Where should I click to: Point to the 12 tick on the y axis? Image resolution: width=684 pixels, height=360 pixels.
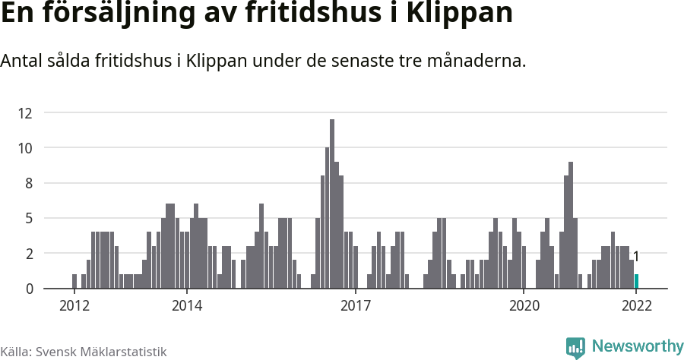pyautogui.click(x=25, y=113)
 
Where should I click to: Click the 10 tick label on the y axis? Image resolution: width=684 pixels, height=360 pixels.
pyautogui.click(x=25, y=148)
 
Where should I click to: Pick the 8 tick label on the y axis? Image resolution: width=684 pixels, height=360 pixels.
pyautogui.click(x=28, y=183)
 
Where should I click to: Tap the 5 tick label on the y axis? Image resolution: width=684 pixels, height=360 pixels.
pyautogui.click(x=28, y=219)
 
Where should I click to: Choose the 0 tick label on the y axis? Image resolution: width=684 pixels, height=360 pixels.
pyautogui.click(x=28, y=289)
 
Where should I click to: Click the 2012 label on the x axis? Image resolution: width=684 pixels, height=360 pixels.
pyautogui.click(x=74, y=306)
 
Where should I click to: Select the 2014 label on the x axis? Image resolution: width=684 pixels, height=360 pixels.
pyautogui.click(x=186, y=306)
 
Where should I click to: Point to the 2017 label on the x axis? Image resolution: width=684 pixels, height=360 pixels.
pyautogui.click(x=355, y=306)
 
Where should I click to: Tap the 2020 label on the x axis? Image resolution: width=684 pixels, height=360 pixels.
pyautogui.click(x=524, y=306)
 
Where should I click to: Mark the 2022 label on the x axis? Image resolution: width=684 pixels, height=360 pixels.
pyautogui.click(x=636, y=306)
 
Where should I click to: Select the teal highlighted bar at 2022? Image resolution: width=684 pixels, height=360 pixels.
pyautogui.click(x=636, y=282)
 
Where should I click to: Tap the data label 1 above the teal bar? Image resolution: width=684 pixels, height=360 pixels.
pyautogui.click(x=636, y=257)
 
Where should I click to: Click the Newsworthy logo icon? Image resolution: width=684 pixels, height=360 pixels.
pyautogui.click(x=575, y=348)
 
